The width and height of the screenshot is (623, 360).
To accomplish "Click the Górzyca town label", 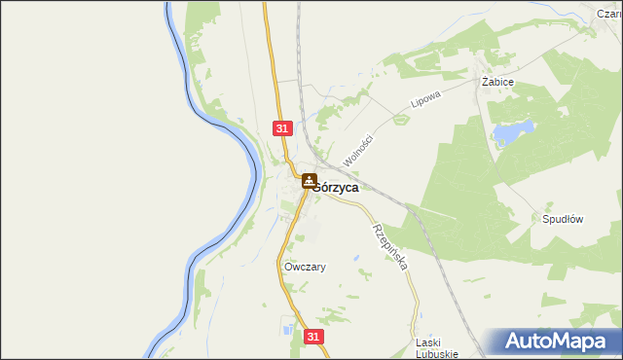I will (335, 188).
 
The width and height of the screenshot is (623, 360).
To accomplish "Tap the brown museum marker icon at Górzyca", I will (308, 181).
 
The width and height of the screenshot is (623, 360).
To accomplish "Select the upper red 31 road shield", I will (282, 128).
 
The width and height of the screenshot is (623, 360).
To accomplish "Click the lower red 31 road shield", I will (311, 336).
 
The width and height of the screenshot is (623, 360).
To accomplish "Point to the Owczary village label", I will (304, 267).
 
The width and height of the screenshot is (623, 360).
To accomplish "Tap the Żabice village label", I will (497, 84).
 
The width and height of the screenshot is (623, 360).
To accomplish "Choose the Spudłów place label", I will (562, 219).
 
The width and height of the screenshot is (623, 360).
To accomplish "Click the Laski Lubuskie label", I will (436, 348).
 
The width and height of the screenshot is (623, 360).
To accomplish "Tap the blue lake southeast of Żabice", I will (512, 133).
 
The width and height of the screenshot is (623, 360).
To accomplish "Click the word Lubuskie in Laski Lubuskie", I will (436, 354).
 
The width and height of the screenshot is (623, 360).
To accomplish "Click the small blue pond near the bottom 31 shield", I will (290, 331).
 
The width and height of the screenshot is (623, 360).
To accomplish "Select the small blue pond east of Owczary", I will (356, 259).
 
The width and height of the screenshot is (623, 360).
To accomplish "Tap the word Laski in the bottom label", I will (429, 342).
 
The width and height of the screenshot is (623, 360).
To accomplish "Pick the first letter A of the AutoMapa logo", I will (516, 342).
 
